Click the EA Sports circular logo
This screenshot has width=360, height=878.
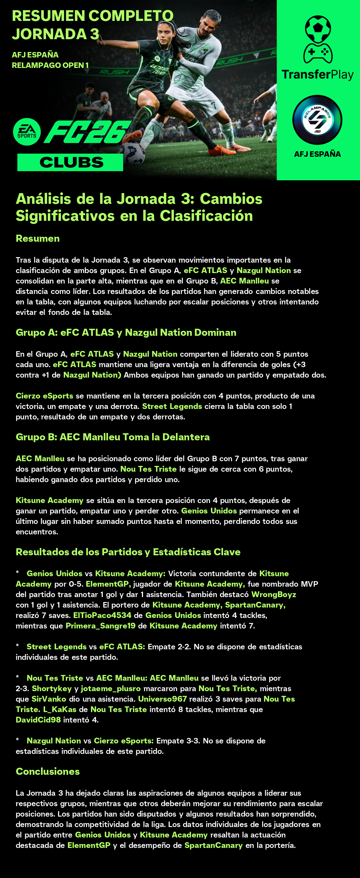pyautogui.click(x=27, y=132)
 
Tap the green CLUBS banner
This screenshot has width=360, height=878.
pyautogui.click(x=70, y=162)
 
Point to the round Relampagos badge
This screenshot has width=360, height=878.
pyautogui.click(x=317, y=120)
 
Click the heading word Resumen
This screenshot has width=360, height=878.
pyautogui.click(x=37, y=238)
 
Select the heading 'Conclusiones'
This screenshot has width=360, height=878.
pyautogui.click(x=48, y=771)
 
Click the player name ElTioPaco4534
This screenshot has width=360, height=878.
pyautogui.click(x=102, y=615)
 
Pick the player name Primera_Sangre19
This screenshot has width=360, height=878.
pyautogui.click(x=101, y=626)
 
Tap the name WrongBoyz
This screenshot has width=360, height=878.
pyautogui.click(x=274, y=594)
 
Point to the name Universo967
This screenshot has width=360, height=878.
pyautogui.click(x=162, y=699)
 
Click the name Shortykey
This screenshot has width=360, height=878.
pyautogui.click(x=52, y=689)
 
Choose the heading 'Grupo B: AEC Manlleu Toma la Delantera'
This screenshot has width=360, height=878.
pyautogui.click(x=112, y=437)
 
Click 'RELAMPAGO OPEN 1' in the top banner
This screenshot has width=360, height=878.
pyautogui.click(x=50, y=65)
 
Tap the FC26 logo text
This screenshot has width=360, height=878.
pyautogui.click(x=87, y=132)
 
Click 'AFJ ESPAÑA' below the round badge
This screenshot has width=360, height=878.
pyautogui.click(x=317, y=154)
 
